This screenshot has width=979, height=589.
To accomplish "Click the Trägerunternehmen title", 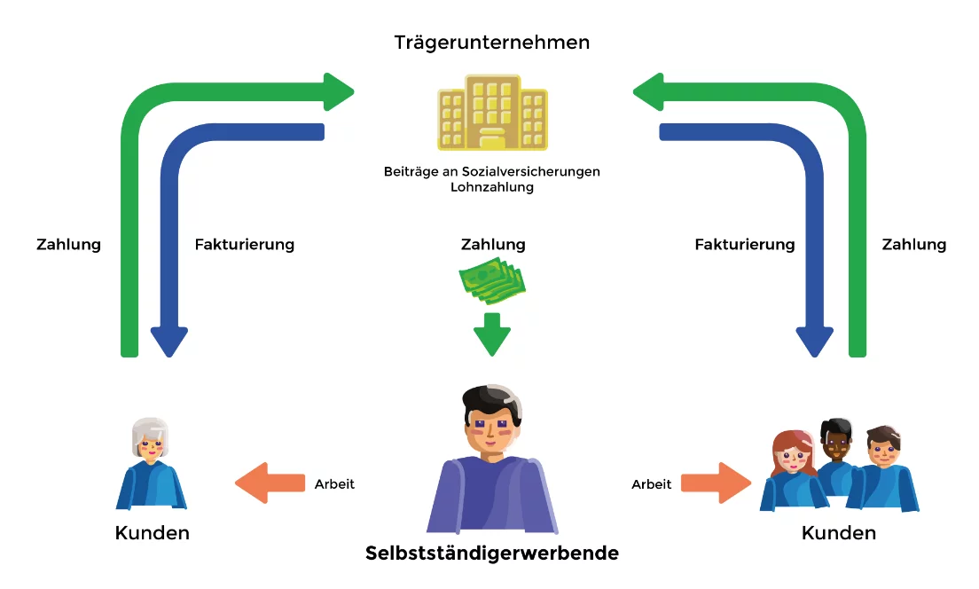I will pos(492,42).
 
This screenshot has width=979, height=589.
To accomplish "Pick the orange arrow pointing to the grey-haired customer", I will pos(270,483).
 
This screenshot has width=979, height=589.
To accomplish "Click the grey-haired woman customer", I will pos(151,466).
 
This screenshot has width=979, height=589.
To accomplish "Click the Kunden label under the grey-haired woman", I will pos(152,533).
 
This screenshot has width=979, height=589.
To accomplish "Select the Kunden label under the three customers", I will pos(838,533).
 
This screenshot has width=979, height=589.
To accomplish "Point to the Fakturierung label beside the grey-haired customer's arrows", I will pos(244,244).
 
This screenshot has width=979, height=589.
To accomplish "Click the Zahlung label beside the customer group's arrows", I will pos(914,244).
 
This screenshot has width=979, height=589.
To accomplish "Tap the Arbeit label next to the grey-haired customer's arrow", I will pos(334,484).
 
